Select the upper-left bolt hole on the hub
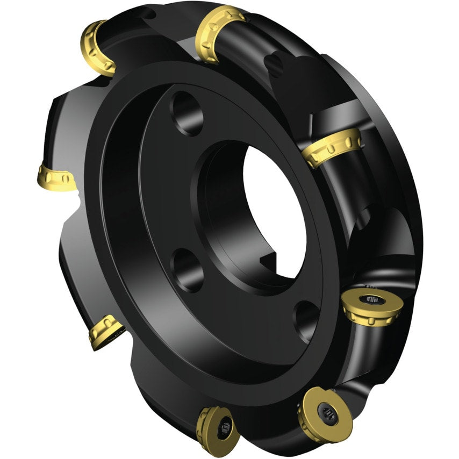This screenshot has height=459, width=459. pos(186,112)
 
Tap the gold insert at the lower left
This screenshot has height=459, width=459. pos(106,331)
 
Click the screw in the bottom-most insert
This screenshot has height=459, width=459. pos(226,430)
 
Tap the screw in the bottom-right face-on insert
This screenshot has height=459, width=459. pos(326,413)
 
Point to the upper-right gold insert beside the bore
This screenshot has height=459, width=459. pos(330,147)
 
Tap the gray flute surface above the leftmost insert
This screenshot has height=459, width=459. pos(67,124)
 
